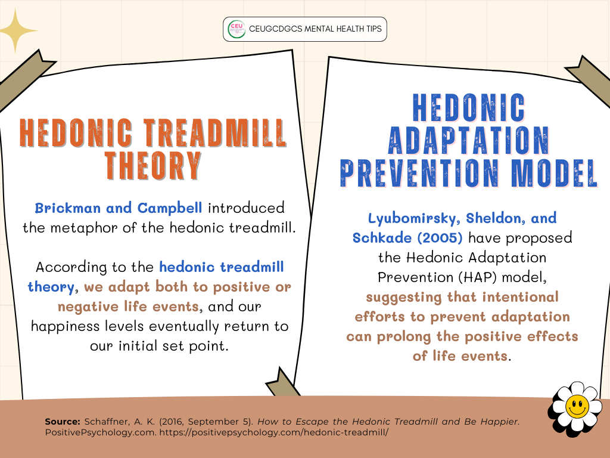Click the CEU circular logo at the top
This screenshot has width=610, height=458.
pyautogui.click(x=236, y=29)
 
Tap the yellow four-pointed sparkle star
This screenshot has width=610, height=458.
pyautogui.click(x=15, y=31)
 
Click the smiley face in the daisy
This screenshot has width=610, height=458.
pyautogui.click(x=577, y=406)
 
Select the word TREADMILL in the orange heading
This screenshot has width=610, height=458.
pyautogui.click(x=215, y=133)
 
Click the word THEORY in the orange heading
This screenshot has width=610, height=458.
pyautogui.click(x=153, y=166)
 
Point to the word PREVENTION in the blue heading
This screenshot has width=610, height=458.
pyautogui.click(x=419, y=173)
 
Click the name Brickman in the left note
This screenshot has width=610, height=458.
pyautogui.click(x=68, y=208)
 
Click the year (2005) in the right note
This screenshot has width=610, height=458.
pyautogui.click(x=440, y=238)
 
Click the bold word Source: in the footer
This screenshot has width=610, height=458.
pyautogui.click(x=63, y=422)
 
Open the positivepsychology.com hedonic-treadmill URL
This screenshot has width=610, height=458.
pyautogui.click(x=274, y=432)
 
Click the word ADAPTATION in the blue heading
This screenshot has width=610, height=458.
pyautogui.click(x=469, y=141)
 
